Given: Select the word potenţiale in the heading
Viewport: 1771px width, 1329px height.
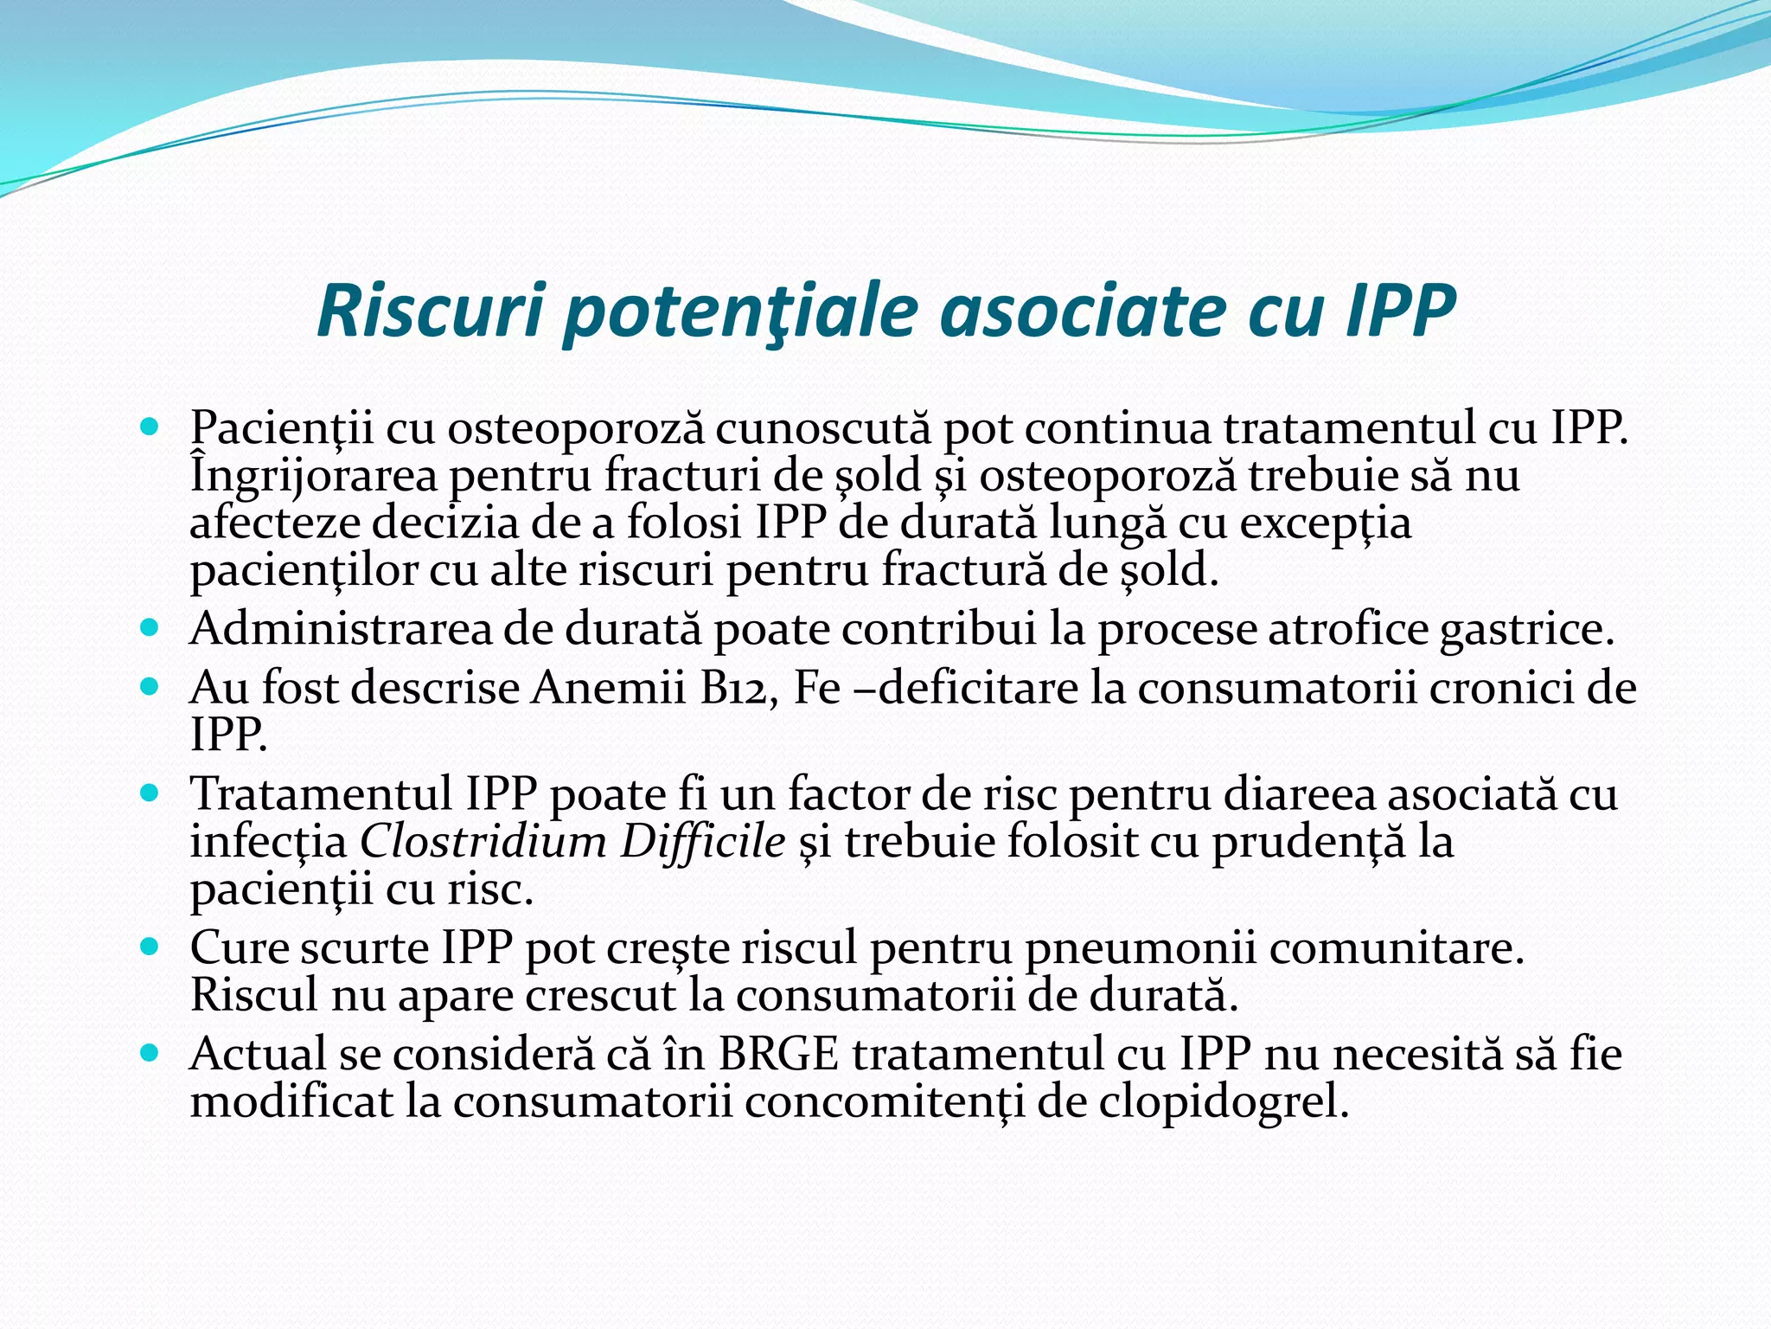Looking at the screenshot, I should pos(739,313).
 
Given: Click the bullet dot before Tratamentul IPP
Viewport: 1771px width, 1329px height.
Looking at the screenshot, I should pos(150,791).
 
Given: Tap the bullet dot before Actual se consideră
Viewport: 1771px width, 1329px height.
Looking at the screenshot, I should pos(150,1052).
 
